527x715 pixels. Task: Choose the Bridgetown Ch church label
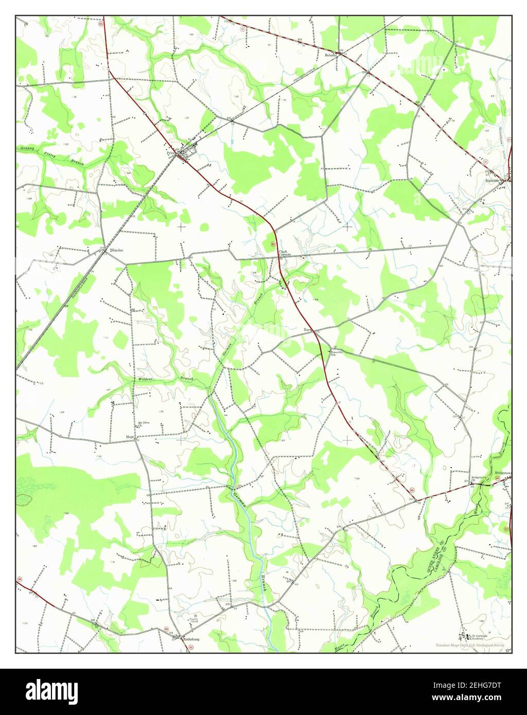479,478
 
